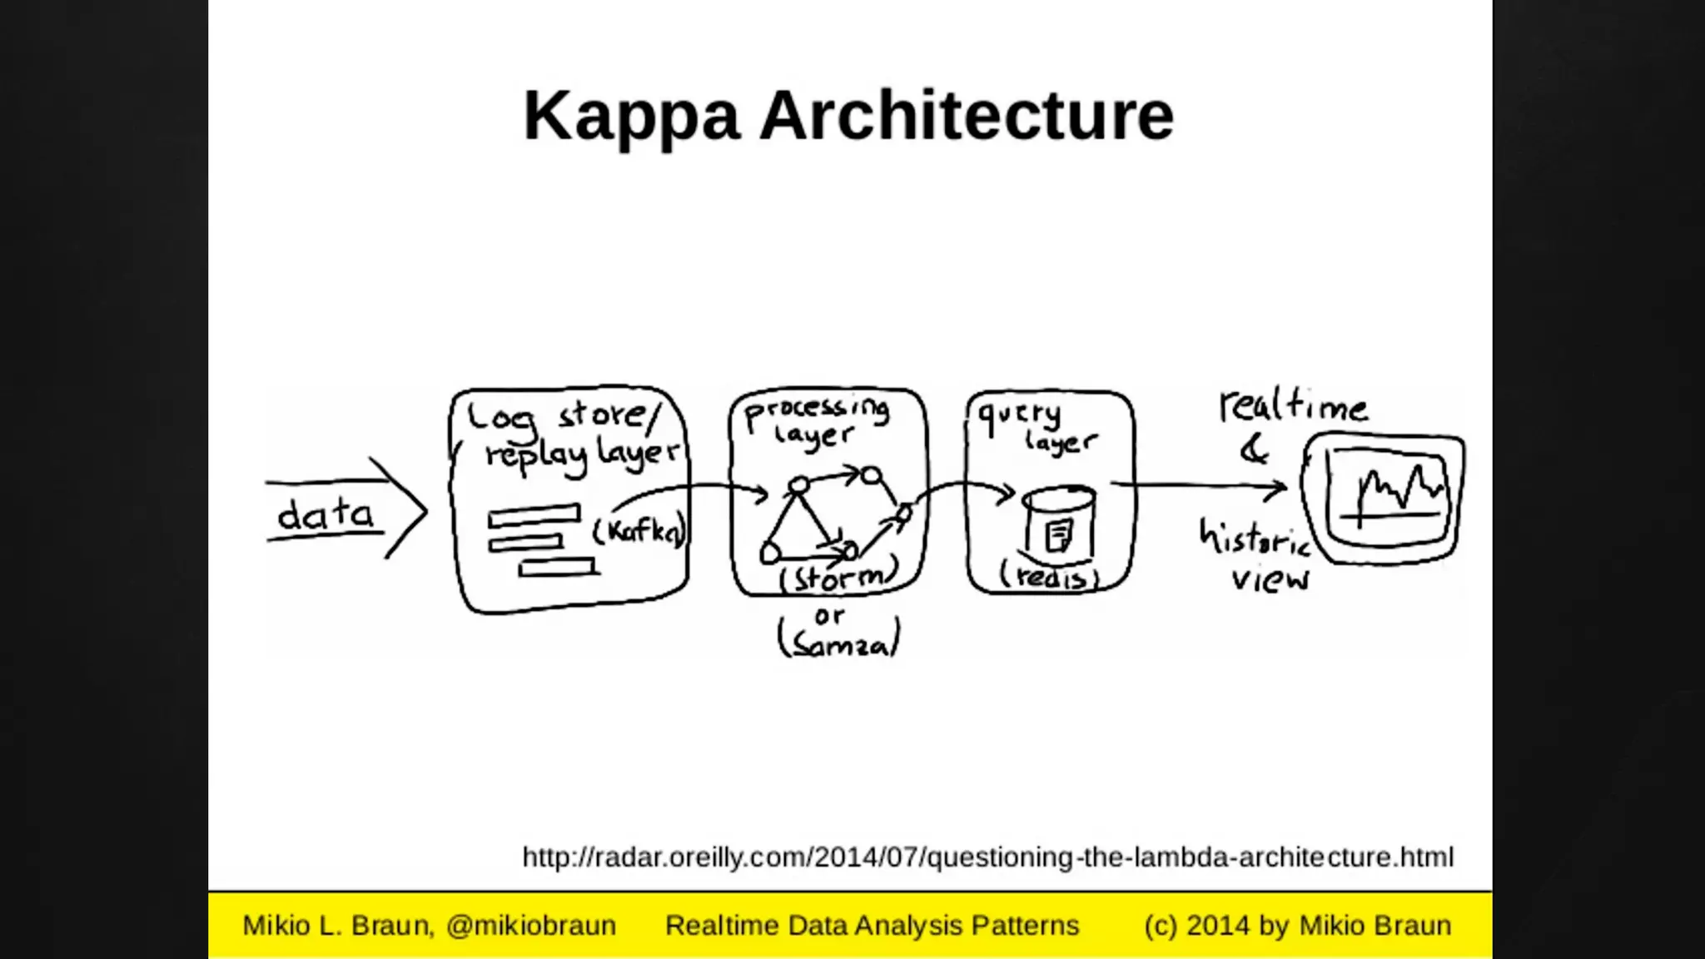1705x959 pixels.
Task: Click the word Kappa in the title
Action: point(630,117)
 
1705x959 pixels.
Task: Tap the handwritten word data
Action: point(326,514)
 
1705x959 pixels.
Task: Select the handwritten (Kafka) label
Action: point(639,531)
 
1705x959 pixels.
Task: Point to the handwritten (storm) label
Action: point(839,577)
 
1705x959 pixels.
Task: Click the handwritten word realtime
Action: point(1293,406)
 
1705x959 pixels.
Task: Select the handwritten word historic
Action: point(1255,539)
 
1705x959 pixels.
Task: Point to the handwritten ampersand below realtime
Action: point(1254,450)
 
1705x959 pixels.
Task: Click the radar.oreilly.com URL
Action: point(987,857)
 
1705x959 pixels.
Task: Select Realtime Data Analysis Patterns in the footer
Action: point(872,926)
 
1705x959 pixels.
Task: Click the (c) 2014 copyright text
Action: point(1297,926)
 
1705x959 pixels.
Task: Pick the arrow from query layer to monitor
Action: point(1199,486)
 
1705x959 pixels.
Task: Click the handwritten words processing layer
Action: point(816,421)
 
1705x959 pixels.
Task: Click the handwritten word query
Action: point(1019,415)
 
